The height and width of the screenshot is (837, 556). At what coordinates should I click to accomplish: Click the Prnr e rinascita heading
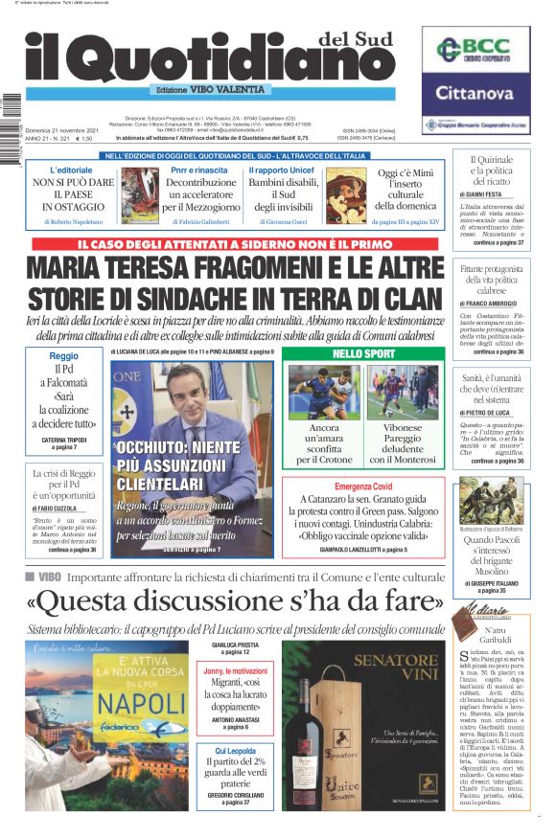click(198, 170)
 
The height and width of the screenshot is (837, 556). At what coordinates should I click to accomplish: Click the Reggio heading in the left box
click(63, 355)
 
